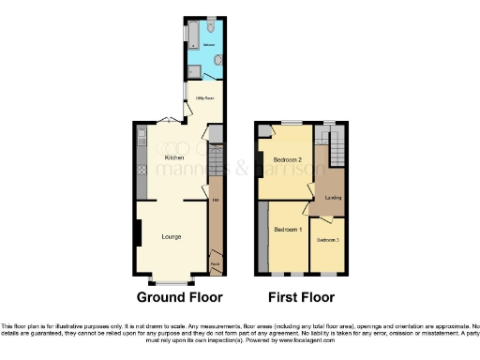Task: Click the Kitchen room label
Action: coord(173,157)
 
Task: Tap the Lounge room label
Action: coord(172,236)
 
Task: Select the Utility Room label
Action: coord(205,97)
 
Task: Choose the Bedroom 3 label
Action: coord(327,241)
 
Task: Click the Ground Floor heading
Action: coord(180,298)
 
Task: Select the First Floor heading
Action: coord(302,298)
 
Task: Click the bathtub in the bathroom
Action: coord(191,36)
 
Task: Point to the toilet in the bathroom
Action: coord(217,60)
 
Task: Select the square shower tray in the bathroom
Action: coord(192,71)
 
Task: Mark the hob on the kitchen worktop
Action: coord(141,171)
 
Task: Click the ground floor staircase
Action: coord(215,165)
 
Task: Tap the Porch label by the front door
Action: coord(215,265)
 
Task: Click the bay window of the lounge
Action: coord(172,280)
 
